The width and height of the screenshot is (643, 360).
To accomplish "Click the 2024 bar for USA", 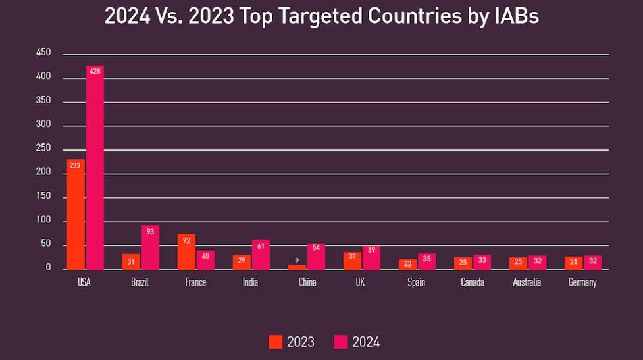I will [95, 168].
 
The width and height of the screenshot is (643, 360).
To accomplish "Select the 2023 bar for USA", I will [76, 215].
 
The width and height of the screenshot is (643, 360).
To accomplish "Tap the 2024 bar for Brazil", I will [150, 247].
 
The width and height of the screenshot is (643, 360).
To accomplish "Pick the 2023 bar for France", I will [186, 251].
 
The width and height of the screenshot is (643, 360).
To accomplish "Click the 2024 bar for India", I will [261, 255].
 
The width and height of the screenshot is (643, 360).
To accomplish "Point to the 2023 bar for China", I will [297, 267].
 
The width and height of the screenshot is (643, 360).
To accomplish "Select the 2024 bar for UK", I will [371, 257].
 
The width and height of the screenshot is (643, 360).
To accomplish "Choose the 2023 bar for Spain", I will [407, 264].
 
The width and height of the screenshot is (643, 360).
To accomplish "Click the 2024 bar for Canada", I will [482, 262].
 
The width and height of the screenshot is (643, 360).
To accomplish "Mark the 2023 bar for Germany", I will [573, 263].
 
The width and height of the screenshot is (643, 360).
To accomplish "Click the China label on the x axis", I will [307, 283].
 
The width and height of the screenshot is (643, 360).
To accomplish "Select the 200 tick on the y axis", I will [44, 172].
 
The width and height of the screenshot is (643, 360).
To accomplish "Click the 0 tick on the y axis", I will [48, 268].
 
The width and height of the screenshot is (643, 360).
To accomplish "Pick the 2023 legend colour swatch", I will [275, 342].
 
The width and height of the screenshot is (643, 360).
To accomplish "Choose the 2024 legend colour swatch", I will [341, 342].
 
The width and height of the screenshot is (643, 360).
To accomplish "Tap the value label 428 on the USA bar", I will [95, 71].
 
